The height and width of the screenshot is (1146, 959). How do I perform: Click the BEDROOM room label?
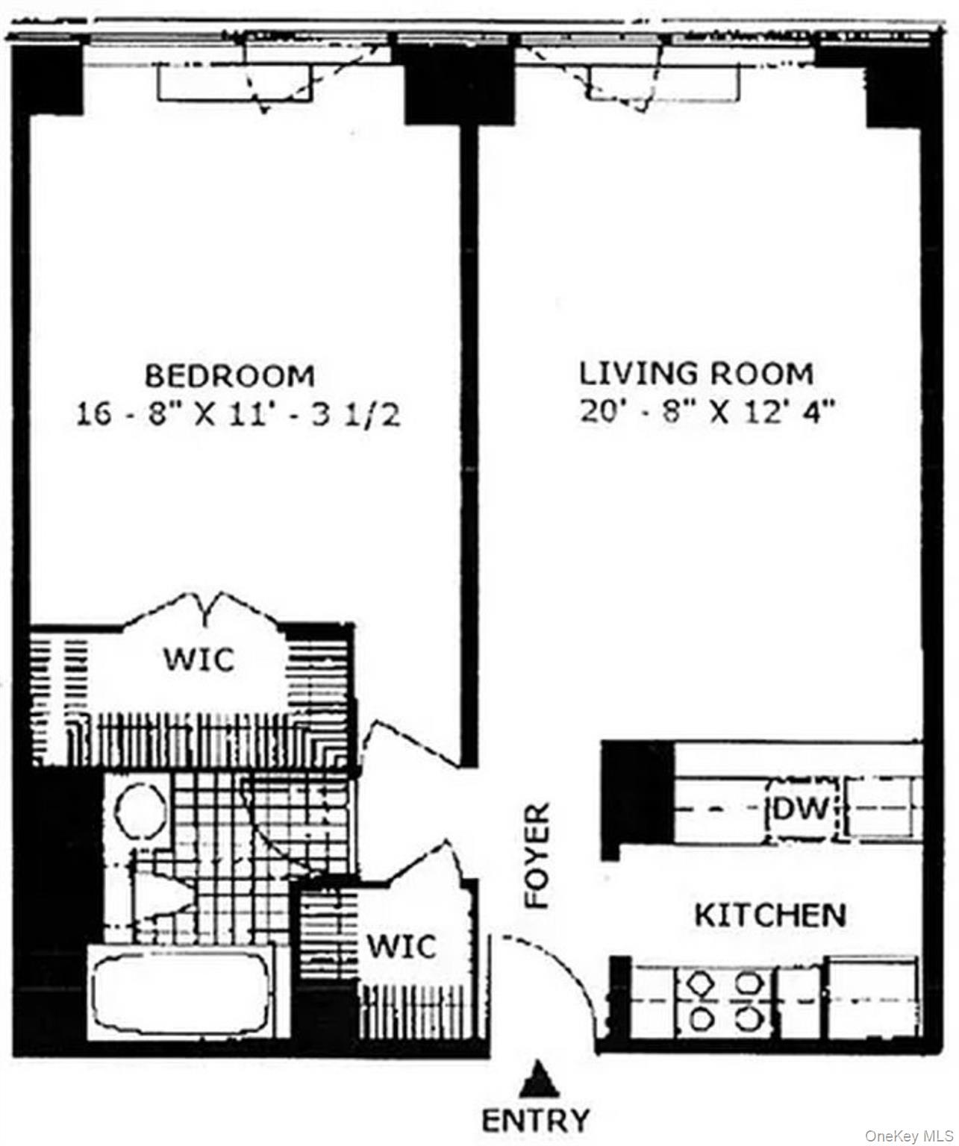pos(230,375)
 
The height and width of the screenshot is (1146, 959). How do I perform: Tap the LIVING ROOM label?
pos(696,373)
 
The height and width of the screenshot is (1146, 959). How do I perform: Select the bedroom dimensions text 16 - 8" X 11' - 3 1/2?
pos(238,415)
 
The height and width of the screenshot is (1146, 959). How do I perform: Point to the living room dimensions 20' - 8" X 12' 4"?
pos(707,412)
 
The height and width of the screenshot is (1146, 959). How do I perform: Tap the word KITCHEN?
pos(770,915)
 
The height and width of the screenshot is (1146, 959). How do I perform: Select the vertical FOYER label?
pos(537,856)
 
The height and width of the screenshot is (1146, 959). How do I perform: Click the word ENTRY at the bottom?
pos(535,1120)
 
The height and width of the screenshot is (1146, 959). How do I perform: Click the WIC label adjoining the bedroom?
pos(199,660)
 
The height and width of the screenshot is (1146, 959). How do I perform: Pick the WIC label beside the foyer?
pos(401,947)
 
